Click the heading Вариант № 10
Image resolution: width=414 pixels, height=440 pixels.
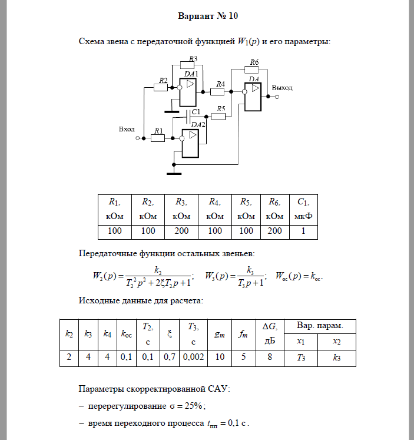[x=207, y=15]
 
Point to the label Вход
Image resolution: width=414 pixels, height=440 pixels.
[x=127, y=129]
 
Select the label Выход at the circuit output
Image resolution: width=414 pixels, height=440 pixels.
[x=282, y=87]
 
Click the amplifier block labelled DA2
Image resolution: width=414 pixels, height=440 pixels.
[x=191, y=143]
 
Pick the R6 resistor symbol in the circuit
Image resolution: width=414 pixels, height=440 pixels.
[x=254, y=69]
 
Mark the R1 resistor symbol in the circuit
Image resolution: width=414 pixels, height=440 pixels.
[x=158, y=138]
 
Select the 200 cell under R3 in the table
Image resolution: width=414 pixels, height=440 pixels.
[x=181, y=231]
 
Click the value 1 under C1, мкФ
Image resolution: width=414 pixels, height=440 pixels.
[x=303, y=231]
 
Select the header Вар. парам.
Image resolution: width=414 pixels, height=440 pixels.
[x=320, y=326]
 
